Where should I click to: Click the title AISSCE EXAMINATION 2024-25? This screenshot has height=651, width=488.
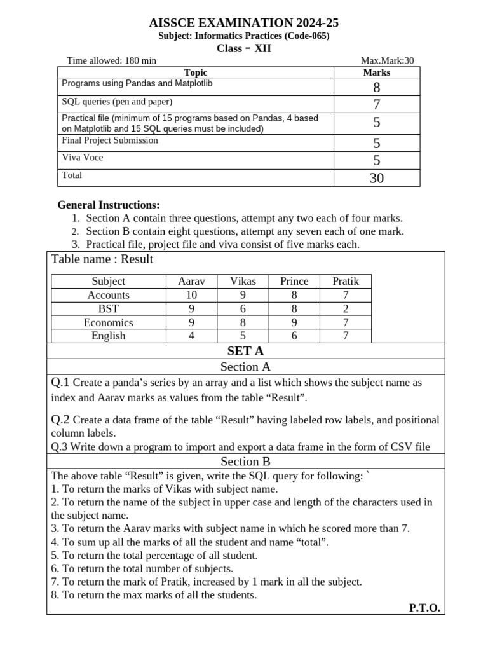(244, 23)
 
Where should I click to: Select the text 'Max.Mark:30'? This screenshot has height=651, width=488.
(387, 61)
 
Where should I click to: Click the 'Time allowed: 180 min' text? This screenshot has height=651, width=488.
(112, 61)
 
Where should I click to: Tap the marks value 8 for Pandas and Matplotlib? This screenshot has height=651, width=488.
(376, 87)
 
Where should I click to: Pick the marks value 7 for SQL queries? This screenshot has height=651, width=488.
(376, 104)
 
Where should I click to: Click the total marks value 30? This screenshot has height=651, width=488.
(376, 179)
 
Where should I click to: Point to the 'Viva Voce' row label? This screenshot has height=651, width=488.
(82, 158)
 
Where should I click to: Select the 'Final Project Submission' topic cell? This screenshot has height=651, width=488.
(110, 140)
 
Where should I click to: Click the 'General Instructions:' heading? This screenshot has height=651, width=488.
(109, 205)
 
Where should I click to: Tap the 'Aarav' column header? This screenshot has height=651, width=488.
(191, 281)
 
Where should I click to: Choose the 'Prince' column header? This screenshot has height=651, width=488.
(294, 281)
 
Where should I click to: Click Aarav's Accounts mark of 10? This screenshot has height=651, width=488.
(191, 295)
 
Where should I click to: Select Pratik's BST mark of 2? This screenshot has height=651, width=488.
(345, 309)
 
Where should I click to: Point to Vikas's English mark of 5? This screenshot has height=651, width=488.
(242, 336)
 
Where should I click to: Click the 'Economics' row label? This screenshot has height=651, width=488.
(109, 322)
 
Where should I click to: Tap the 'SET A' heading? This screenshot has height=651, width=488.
(245, 351)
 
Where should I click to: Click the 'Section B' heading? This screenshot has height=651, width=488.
(245, 462)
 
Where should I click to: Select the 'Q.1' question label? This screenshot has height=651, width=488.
(61, 383)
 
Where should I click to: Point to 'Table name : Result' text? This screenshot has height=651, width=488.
(102, 259)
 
